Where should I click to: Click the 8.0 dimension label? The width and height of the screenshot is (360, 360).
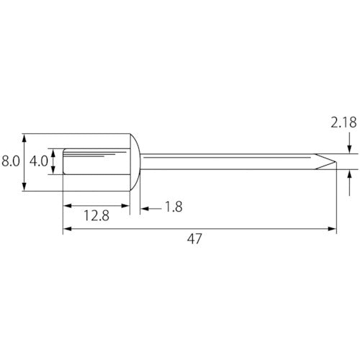[x=11, y=161]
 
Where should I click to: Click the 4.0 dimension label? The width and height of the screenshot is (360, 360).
[x=39, y=161]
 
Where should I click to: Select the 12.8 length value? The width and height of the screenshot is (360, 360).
[x=96, y=215]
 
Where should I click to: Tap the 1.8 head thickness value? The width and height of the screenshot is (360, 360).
[x=174, y=207]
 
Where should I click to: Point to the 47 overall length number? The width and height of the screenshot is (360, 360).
[x=194, y=239]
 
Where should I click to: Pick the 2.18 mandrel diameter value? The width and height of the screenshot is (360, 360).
[x=343, y=122]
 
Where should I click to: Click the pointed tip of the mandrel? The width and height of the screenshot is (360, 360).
[x=336, y=162]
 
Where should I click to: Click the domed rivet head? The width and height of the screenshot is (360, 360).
[x=135, y=162]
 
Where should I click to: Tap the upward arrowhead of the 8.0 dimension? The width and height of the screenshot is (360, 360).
[x=24, y=138]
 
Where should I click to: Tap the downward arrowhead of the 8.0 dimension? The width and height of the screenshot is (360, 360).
[x=24, y=186]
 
